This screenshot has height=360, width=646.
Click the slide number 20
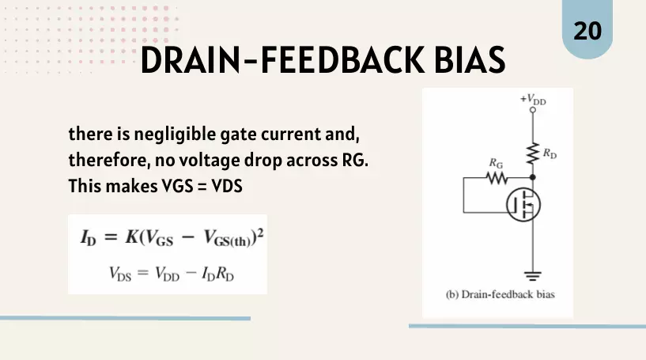[x=587, y=32]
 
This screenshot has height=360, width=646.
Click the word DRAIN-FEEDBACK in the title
[x=282, y=60]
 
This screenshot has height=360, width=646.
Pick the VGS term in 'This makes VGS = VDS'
[x=178, y=186]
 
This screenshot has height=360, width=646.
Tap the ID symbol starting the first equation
[x=89, y=238]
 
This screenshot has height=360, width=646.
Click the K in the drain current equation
[x=132, y=237]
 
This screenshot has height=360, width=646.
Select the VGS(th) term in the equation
[x=228, y=238]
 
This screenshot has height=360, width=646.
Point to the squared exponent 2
[x=260, y=233]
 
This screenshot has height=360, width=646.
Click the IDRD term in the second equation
[x=217, y=274]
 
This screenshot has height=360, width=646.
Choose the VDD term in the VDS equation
[x=168, y=274]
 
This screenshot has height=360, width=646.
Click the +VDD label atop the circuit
[x=533, y=100]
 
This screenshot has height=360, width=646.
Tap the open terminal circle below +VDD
[x=533, y=110]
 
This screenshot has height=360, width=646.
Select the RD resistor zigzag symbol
[x=533, y=153]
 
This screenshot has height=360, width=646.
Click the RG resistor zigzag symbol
[x=497, y=178]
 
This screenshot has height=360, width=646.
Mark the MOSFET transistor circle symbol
[x=523, y=205]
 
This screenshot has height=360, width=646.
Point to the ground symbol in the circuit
[x=533, y=276]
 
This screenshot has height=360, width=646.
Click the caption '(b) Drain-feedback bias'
[x=501, y=294]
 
